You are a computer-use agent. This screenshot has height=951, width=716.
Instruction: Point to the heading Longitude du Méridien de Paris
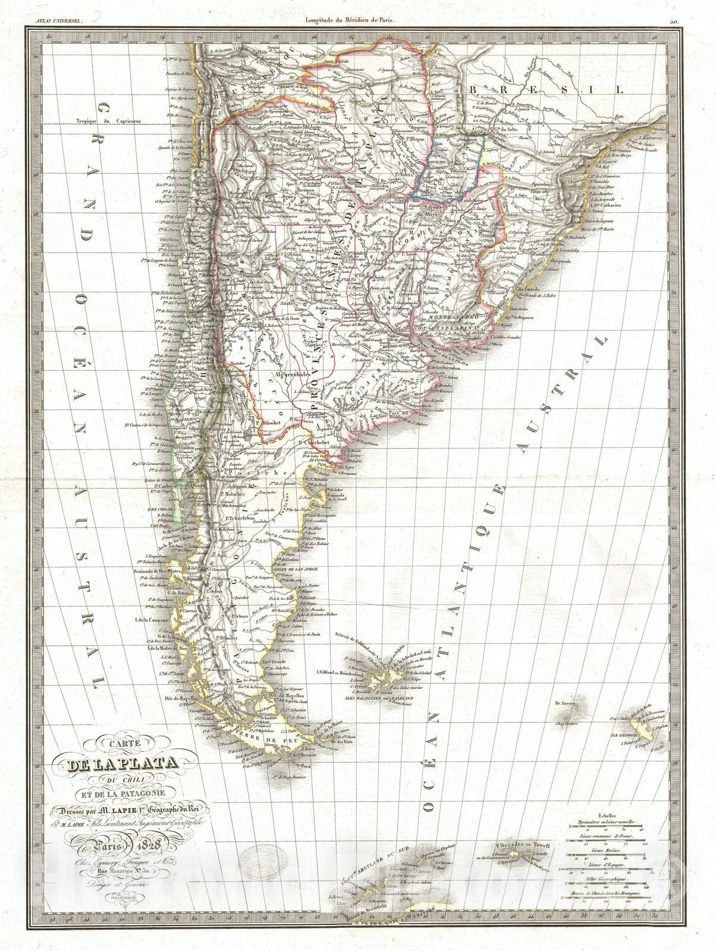pyautogui.click(x=350, y=20)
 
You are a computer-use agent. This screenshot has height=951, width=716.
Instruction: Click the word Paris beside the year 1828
pyautogui.click(x=118, y=845)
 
